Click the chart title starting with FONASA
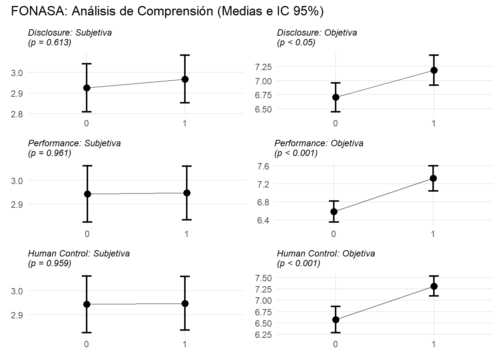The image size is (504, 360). [167, 11]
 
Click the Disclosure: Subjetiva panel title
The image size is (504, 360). [70, 33]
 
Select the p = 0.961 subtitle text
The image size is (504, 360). [49, 153]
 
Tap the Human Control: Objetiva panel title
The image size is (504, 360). [326, 253]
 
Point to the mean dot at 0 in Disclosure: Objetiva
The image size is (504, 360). [336, 97]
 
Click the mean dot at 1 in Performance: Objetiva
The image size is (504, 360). [433, 178]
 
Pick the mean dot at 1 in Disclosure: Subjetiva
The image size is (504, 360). [185, 79]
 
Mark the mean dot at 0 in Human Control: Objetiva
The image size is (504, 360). [336, 319]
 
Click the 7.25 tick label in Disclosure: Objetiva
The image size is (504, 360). [263, 67]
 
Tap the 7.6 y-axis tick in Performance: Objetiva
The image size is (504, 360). [263, 166]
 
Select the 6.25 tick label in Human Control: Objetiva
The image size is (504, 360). [263, 334]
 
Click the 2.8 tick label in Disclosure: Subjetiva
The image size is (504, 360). [17, 114]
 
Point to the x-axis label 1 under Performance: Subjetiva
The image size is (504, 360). [186, 234]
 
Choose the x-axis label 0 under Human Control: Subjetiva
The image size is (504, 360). [87, 344]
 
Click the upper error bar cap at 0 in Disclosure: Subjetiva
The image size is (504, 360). [87, 64]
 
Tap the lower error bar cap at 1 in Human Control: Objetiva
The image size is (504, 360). [434, 296]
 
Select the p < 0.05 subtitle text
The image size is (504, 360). [296, 42]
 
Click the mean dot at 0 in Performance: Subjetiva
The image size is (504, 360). [87, 194]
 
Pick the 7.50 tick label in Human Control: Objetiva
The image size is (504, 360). [263, 278]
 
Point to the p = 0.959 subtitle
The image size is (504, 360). [49, 263]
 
